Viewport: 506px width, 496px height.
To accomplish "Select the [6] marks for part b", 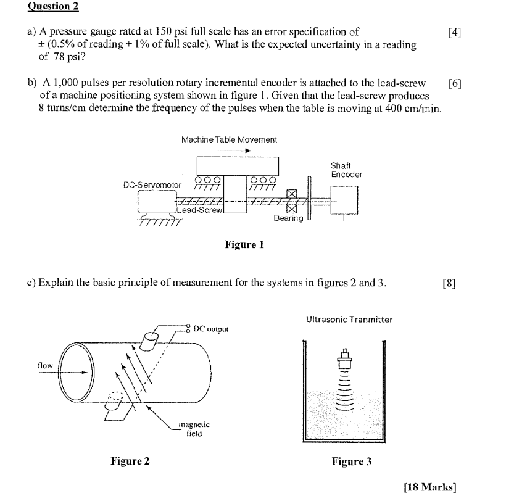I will [x=456, y=84].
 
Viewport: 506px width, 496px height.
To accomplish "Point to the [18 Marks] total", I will [x=429, y=487].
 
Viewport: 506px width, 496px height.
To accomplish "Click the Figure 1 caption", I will [x=244, y=245].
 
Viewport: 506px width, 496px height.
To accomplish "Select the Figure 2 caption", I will [x=130, y=461].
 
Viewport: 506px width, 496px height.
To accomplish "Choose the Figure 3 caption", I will [x=351, y=461].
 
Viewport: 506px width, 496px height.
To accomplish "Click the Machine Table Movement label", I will [x=229, y=139].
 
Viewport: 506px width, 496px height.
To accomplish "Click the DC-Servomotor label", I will [x=152, y=184].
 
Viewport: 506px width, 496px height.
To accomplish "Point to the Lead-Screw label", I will [x=199, y=210].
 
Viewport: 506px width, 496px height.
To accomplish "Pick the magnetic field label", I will [x=194, y=428].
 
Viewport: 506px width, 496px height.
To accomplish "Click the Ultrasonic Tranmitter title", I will [x=349, y=319].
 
